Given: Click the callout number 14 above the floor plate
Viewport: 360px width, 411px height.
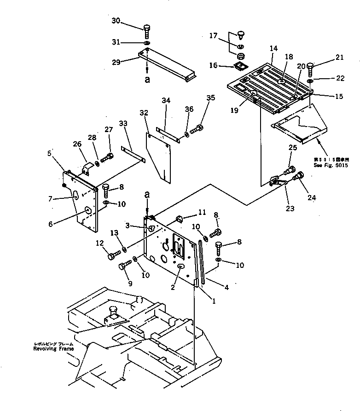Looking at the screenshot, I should pos(274,48).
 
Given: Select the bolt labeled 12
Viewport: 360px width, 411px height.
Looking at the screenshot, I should pos(113,254).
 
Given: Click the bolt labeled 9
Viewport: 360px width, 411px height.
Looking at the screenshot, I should pos(124,266).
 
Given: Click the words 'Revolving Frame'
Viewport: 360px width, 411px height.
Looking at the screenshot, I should pos(53,349).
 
